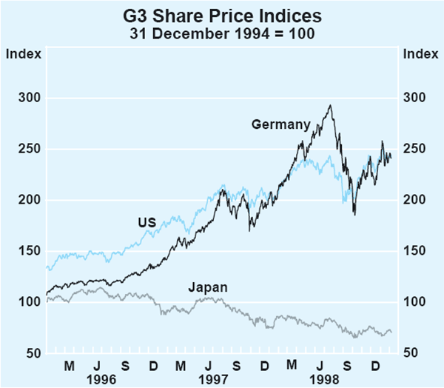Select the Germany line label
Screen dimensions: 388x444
(x=280, y=125)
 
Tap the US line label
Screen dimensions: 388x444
(x=146, y=221)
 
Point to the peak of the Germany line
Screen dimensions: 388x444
(x=330, y=105)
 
